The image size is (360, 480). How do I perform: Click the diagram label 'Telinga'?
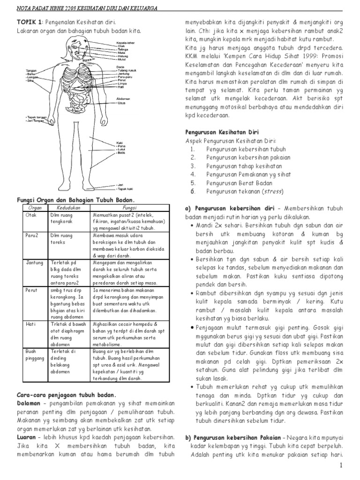coord(123,49)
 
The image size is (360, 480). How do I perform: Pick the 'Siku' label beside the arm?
coord(30,81)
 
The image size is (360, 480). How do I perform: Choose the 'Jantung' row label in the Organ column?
coord(33,264)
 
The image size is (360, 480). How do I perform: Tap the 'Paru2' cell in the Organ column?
coord(31,235)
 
